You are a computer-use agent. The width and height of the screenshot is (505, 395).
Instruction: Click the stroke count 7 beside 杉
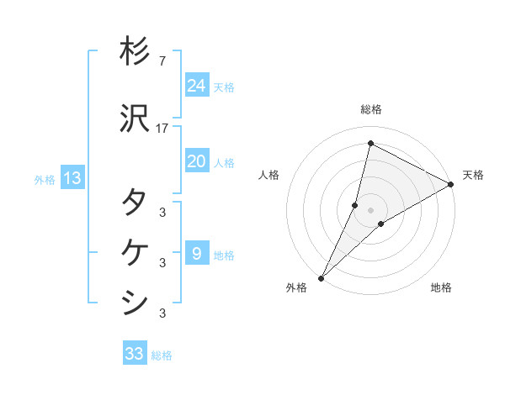pos(162,61)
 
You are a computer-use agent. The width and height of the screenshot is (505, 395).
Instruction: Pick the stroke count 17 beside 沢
pos(163,129)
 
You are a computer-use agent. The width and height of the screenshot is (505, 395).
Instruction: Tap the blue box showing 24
pos(196,86)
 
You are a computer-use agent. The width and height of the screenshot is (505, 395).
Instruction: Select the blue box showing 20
pos(196,161)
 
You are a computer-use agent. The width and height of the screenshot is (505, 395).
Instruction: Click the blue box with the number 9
pos(196,253)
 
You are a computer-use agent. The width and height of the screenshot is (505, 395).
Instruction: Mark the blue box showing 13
pos(72,178)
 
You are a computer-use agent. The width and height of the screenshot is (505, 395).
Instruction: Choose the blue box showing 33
pos(135,354)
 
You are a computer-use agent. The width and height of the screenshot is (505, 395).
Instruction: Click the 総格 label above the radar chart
pos(370,109)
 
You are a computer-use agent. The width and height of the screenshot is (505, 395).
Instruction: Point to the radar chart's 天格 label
pos(473,175)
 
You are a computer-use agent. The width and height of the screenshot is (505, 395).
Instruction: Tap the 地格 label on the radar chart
pos(441,287)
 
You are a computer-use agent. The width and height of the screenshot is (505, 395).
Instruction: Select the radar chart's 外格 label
pos(296,287)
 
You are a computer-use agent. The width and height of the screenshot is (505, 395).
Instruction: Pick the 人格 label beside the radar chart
pos(268,175)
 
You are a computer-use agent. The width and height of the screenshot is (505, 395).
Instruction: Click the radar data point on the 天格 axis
pos(451,184)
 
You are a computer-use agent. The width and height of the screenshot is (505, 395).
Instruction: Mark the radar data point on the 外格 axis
pos(321,277)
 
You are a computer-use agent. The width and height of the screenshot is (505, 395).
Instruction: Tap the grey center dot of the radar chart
pos(370,209)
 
